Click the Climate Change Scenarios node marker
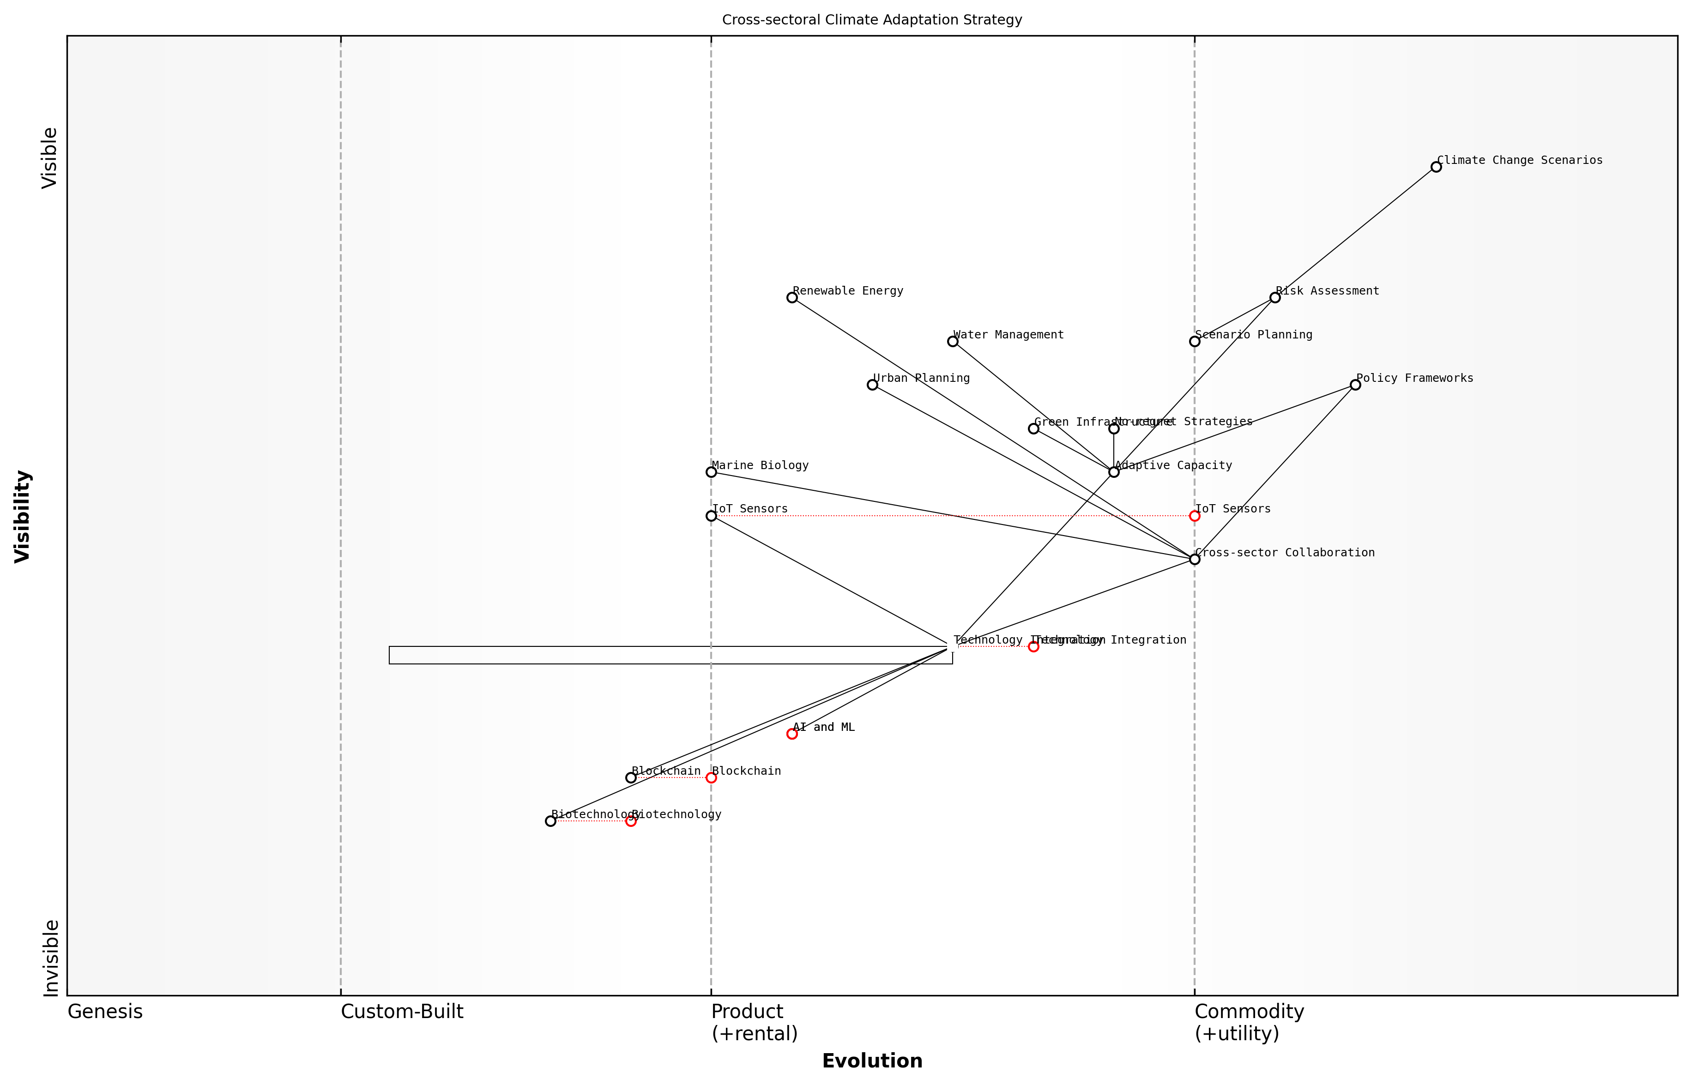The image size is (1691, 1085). point(1436,167)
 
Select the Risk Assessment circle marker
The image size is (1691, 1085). point(1274,297)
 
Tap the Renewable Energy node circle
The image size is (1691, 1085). point(792,297)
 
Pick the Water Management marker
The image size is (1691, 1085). point(953,342)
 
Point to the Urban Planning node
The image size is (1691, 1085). point(872,385)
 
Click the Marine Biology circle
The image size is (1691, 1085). point(711,472)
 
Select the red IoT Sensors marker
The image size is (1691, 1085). point(1194,516)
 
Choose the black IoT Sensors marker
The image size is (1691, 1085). point(711,516)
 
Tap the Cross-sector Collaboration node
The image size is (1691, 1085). point(1194,560)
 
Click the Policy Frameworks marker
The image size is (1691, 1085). point(1355,385)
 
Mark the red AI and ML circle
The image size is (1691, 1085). point(792,734)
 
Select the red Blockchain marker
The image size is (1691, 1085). point(711,778)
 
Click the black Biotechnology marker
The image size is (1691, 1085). point(550,821)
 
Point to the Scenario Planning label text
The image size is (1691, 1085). point(1254,335)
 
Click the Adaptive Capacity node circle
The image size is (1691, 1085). point(1114,472)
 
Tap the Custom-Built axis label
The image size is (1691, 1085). point(402,1012)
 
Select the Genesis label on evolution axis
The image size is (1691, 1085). point(105,1012)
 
